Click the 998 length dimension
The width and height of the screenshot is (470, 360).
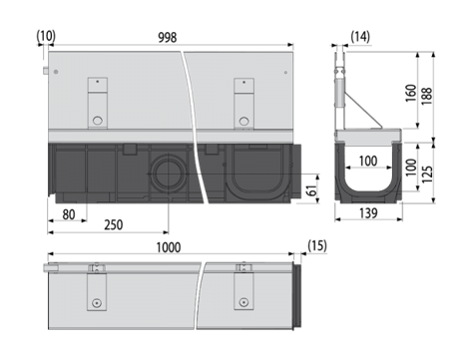click(x=167, y=38)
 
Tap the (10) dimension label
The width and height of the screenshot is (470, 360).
click(x=46, y=36)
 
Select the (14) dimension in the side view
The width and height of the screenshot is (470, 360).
click(x=360, y=37)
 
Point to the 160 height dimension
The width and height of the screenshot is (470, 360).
click(x=411, y=93)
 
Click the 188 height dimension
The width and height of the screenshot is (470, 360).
click(x=427, y=96)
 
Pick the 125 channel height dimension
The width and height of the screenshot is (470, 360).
click(x=427, y=174)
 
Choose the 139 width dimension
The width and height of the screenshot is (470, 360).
click(x=368, y=213)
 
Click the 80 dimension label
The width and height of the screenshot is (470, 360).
click(x=69, y=214)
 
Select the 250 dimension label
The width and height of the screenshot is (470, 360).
click(x=114, y=225)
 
